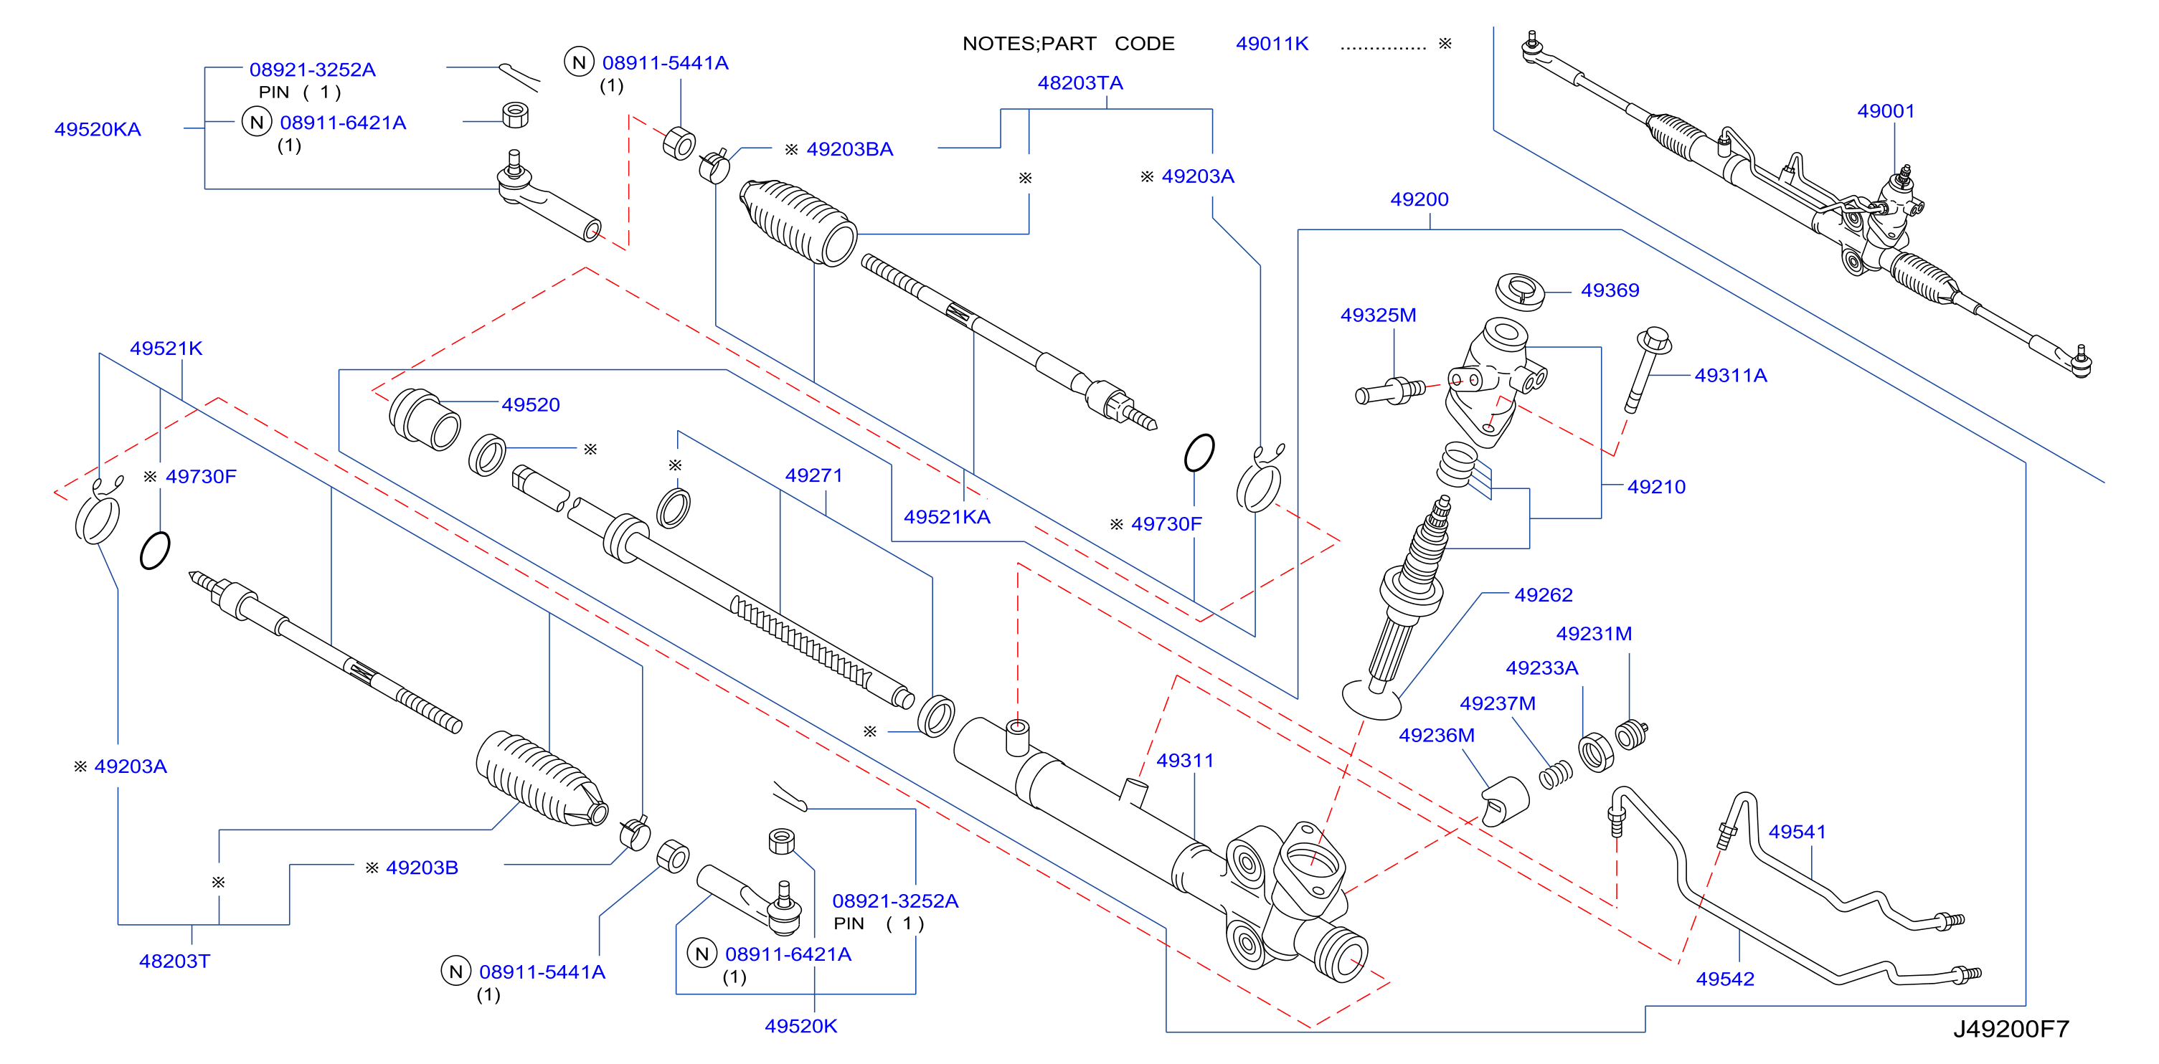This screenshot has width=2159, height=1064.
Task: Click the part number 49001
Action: pos(1886,111)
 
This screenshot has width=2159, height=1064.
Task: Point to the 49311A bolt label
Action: pos(1731,375)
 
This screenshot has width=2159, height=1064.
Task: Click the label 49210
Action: pos(1656,487)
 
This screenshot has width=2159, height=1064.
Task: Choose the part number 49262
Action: pos(1544,595)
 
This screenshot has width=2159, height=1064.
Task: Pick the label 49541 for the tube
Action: pos(1797,832)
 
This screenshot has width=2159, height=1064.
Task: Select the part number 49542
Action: pos(1725,979)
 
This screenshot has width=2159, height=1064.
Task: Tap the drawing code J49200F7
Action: pos(2011,1029)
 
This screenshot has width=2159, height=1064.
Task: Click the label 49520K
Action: pos(800,1026)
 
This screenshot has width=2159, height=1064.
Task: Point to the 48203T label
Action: pos(174,961)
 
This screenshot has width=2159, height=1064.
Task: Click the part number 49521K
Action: pos(166,348)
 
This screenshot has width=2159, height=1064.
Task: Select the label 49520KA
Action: pos(98,130)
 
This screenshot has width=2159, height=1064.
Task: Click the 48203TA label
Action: pos(1080,83)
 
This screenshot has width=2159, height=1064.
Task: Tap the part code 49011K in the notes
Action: pos(1272,44)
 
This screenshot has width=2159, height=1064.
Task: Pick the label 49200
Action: pos(1419,199)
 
